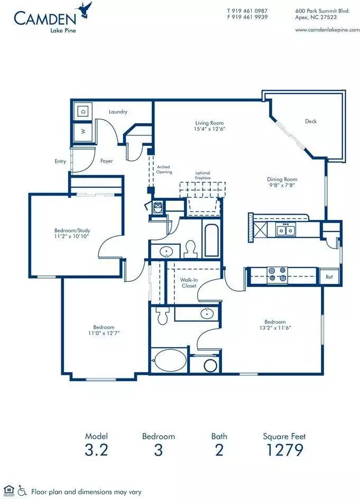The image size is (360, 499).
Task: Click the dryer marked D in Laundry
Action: tap(84, 112)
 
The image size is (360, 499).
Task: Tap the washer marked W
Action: tap(84, 132)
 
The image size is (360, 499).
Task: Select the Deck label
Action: tap(311, 121)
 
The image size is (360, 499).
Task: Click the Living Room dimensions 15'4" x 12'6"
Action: tap(210, 129)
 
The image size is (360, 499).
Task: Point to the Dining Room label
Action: tap(282, 179)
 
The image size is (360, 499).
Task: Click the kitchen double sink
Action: tap(285, 230)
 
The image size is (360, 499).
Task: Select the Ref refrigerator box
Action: tap(329, 276)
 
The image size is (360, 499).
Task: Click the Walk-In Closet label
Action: tap(189, 283)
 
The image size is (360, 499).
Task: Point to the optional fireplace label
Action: tap(203, 175)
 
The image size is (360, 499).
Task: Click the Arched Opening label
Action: tap(164, 169)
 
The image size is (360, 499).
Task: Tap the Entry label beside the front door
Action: tap(60, 161)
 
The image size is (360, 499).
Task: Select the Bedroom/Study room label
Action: tap(72, 230)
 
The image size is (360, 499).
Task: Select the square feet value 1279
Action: tap(284, 450)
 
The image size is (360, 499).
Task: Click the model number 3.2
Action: tap(96, 450)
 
